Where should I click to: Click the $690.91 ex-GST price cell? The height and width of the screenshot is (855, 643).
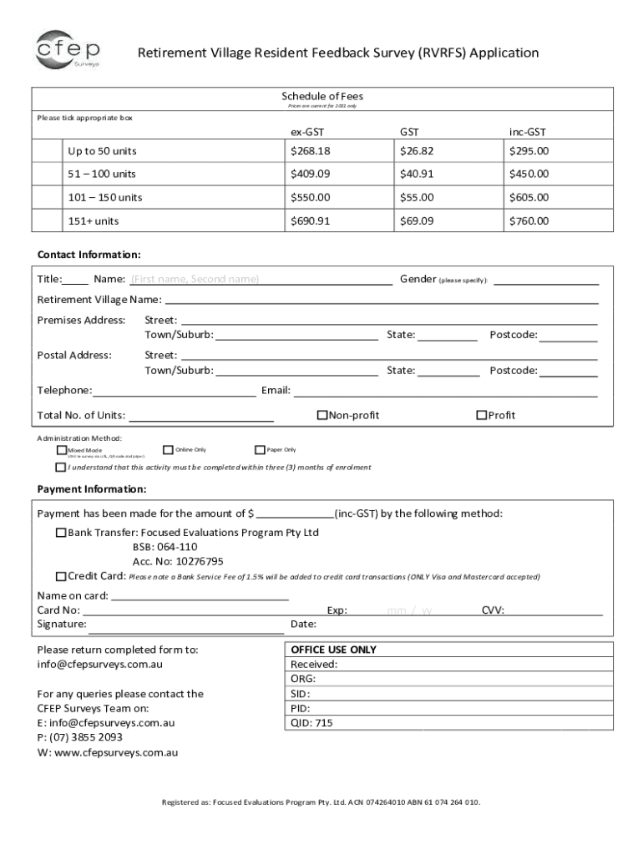coord(311,221)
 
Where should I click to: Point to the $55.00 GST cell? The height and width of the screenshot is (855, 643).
coord(417,198)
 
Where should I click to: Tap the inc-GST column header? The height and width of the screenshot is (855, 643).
coord(528,132)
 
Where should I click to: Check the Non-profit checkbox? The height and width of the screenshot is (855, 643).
coord(321,415)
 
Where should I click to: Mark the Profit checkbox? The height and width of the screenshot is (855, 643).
coord(481,415)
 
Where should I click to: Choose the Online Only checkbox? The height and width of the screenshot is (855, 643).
coord(168,449)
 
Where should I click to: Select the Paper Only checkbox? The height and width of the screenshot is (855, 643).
coord(260,449)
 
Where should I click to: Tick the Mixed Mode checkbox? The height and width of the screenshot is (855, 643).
coord(61,450)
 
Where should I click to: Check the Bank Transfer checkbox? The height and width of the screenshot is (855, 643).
coord(61,532)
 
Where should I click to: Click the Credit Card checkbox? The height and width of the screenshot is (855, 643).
coord(61,576)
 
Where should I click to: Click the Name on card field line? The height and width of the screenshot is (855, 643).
coord(200,598)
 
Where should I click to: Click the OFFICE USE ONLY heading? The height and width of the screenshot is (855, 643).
coord(333,650)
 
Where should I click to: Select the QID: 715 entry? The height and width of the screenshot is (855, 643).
coord(311,723)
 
